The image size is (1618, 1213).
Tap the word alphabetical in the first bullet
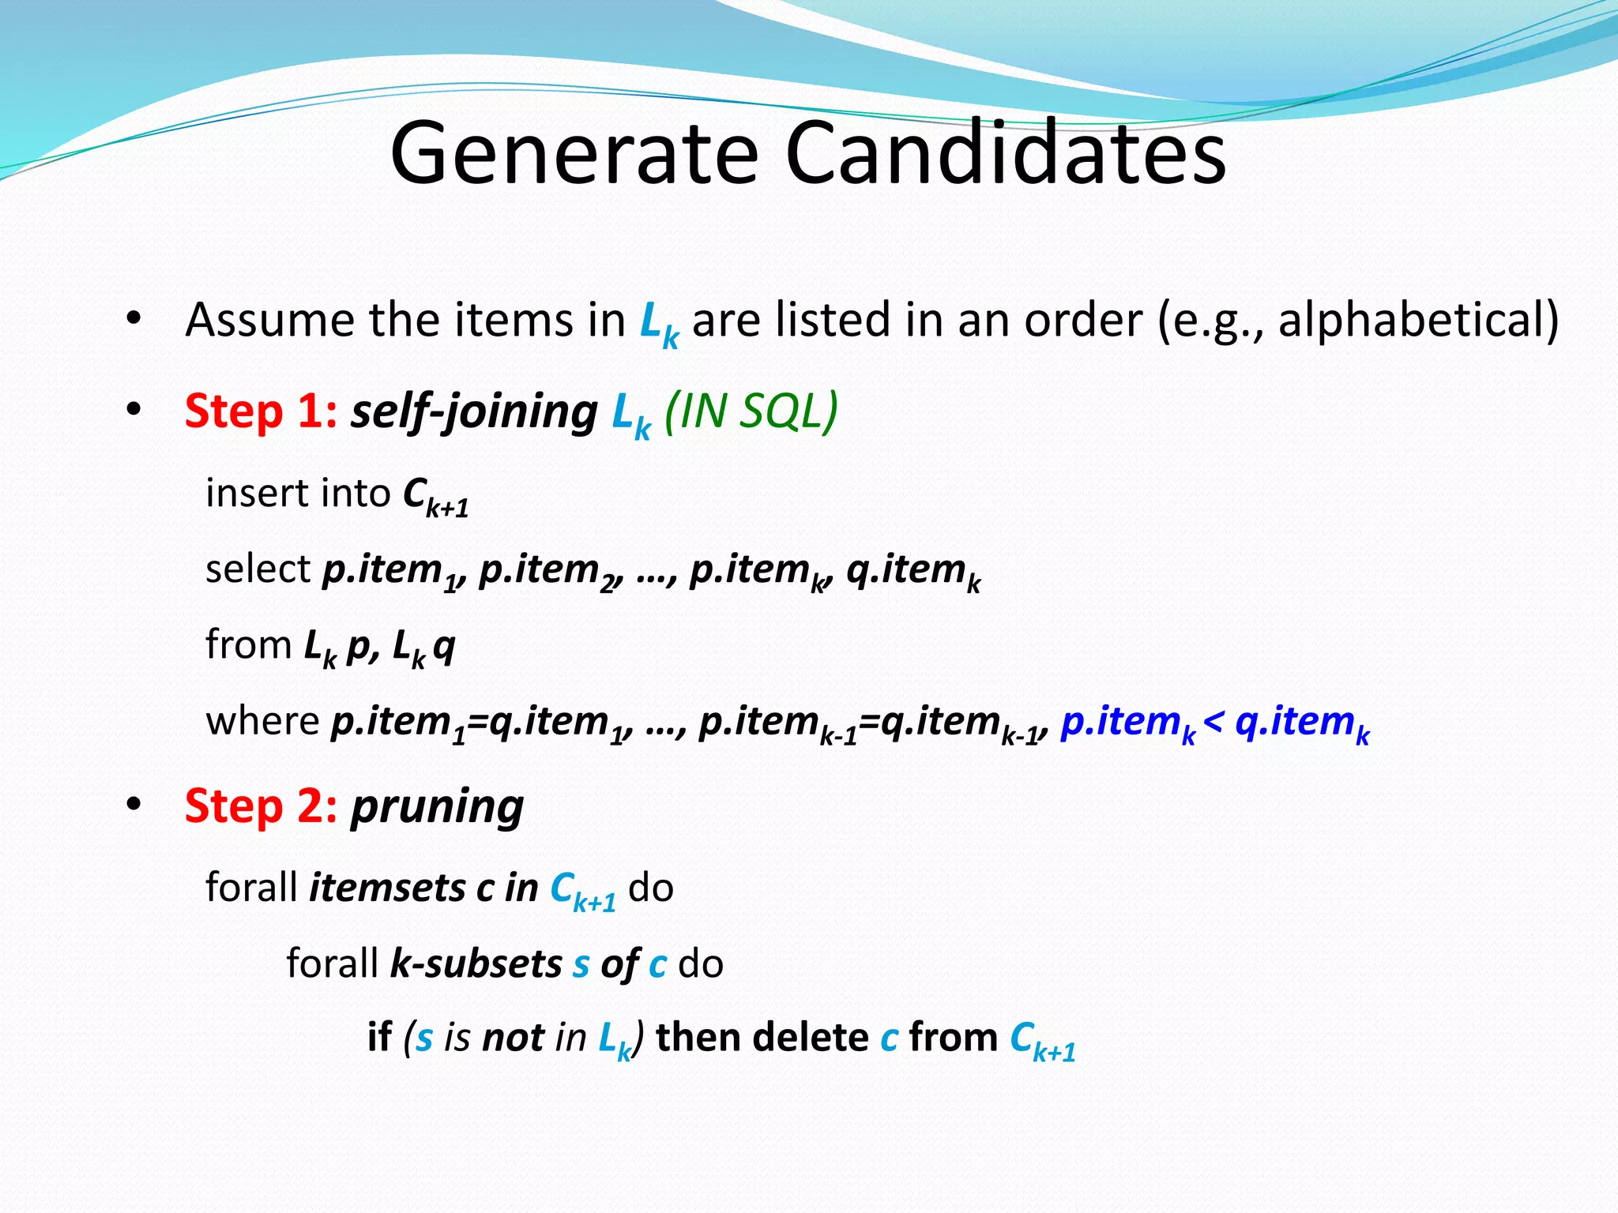pyautogui.click(x=1411, y=321)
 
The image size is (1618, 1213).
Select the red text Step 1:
pyautogui.click(x=261, y=411)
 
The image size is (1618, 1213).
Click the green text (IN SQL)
pyautogui.click(x=751, y=411)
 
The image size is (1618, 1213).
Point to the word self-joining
pyautogui.click(x=474, y=411)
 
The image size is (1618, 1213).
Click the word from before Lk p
pyautogui.click(x=249, y=644)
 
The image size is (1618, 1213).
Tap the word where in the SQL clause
pyautogui.click(x=262, y=721)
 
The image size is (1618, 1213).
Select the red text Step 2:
pyautogui.click(x=261, y=806)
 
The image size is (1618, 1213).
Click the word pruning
pyautogui.click(x=437, y=808)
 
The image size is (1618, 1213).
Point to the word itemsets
pyautogui.click(x=387, y=888)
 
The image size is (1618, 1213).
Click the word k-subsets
pyautogui.click(x=476, y=963)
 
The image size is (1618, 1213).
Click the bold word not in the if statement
pyautogui.click(x=513, y=1038)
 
